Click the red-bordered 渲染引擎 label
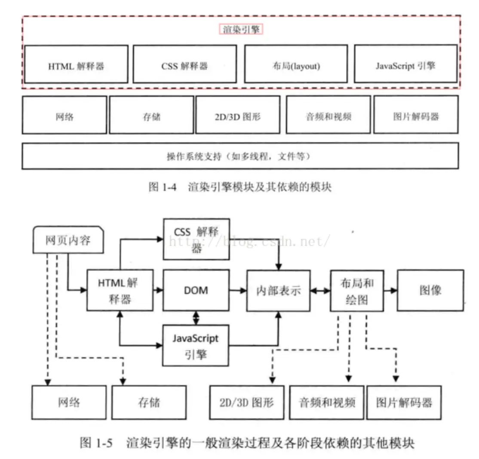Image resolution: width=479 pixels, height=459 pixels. click(x=241, y=29)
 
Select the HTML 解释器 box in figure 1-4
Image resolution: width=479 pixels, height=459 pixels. click(x=76, y=64)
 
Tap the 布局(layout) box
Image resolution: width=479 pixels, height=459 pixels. click(x=296, y=64)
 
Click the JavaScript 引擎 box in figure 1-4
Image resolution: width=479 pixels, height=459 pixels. click(x=405, y=64)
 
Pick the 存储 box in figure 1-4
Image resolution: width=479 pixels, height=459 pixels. click(x=151, y=115)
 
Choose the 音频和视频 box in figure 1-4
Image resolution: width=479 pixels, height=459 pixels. click(x=329, y=115)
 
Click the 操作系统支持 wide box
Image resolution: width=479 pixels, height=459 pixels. click(x=240, y=156)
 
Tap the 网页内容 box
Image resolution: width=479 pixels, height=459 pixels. click(x=68, y=240)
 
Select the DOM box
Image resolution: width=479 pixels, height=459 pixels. click(x=196, y=290)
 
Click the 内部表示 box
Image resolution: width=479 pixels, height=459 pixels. click(x=279, y=291)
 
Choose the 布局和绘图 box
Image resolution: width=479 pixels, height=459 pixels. click(x=357, y=291)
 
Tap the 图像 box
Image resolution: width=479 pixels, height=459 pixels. click(x=430, y=290)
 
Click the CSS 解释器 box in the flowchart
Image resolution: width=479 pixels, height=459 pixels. click(x=197, y=239)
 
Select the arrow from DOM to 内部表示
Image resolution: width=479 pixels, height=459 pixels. click(x=238, y=290)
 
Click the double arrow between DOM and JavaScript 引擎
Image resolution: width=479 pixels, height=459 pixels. click(x=196, y=318)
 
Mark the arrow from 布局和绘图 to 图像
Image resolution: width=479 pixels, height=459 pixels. click(x=391, y=290)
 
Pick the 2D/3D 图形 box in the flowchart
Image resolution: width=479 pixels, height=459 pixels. click(x=247, y=403)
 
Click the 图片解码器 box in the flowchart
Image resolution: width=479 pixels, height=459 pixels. click(x=404, y=403)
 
